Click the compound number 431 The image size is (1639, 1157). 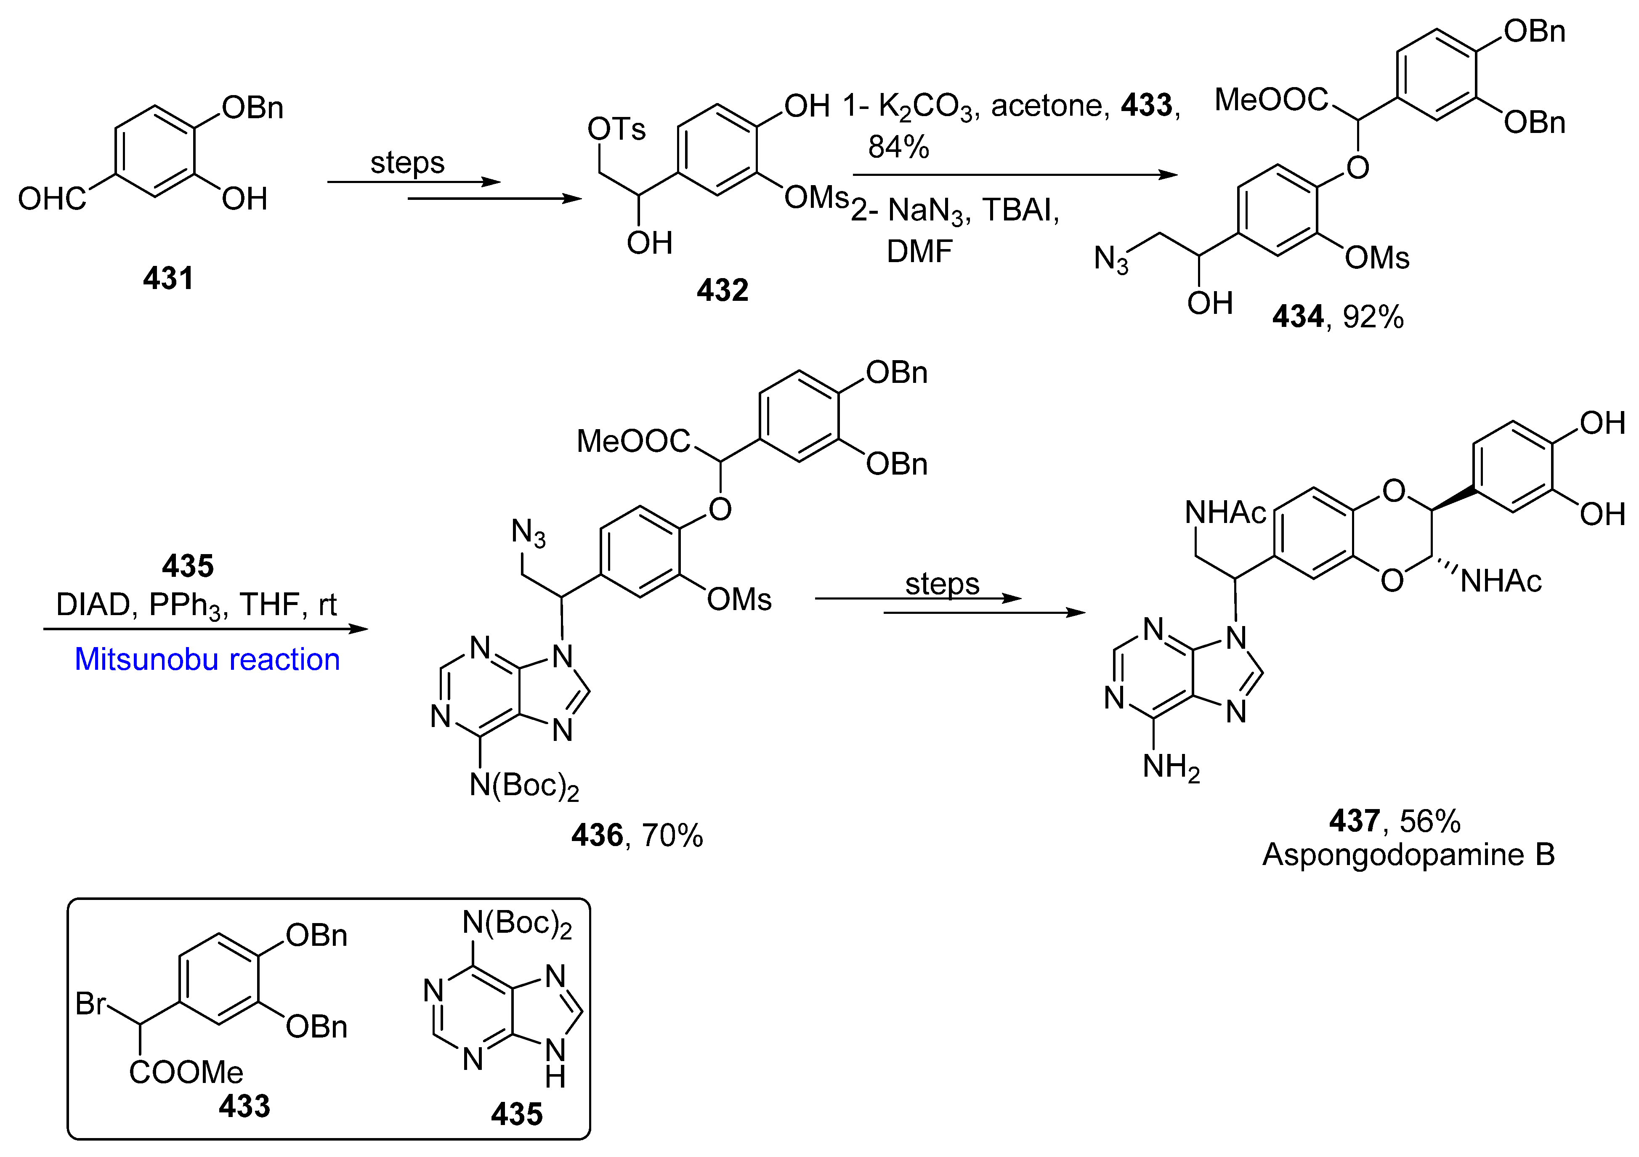[x=168, y=279]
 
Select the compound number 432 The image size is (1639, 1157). [x=723, y=290]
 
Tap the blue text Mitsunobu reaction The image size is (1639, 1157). [x=207, y=660]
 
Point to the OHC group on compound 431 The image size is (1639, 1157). [x=51, y=199]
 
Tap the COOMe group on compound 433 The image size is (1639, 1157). [x=186, y=1072]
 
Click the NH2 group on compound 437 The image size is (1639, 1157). [x=1171, y=767]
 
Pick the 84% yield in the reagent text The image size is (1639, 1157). [x=898, y=147]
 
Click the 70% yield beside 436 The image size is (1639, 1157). [x=672, y=835]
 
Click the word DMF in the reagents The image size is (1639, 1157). [x=919, y=251]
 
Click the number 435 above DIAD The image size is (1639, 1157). [x=188, y=566]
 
